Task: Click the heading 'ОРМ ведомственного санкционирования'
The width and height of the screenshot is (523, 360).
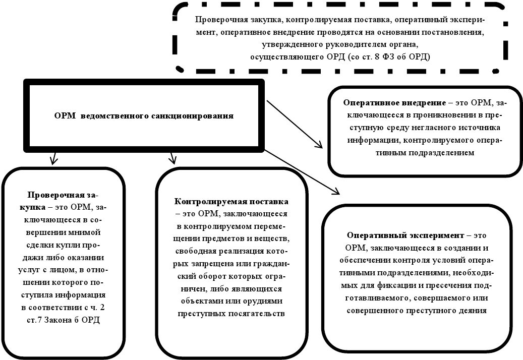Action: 144,115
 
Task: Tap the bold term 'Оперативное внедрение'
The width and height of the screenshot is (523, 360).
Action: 394,102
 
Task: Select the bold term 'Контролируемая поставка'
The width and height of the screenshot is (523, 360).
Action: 231,202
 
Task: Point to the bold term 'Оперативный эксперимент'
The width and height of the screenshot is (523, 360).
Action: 405,235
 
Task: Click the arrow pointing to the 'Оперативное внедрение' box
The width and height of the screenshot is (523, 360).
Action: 295,124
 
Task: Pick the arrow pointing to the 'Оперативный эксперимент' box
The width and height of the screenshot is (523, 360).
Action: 303,171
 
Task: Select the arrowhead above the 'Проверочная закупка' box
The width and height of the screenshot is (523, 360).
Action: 52,160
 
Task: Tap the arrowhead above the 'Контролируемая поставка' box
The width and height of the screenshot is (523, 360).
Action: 172,160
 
